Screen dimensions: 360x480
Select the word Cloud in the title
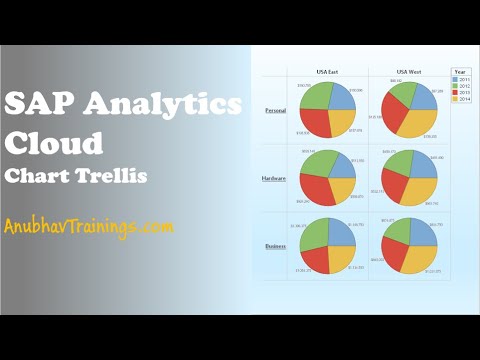(x=54, y=143)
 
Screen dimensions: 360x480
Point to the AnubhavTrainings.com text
(x=88, y=227)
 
